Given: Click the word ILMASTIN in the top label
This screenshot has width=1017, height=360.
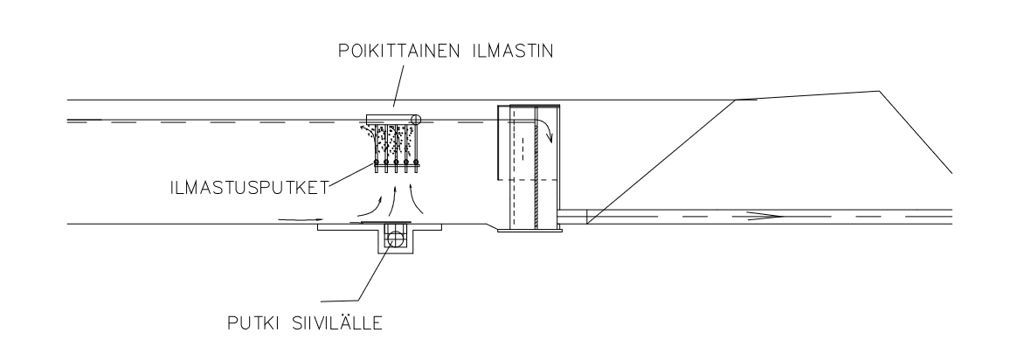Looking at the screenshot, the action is [x=513, y=52].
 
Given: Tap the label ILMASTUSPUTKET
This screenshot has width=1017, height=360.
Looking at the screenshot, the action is [x=249, y=188].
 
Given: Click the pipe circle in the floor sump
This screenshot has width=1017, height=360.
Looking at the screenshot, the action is [x=394, y=239].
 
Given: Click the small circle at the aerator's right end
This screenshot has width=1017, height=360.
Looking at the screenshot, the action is [x=415, y=120].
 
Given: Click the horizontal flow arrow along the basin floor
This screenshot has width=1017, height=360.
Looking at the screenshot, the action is [x=301, y=220].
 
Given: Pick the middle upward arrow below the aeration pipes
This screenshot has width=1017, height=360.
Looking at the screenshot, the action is [x=393, y=197].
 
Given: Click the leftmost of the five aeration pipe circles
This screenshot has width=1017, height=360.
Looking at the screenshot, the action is [x=377, y=163].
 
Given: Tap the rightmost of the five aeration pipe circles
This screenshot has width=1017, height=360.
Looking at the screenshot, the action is [x=417, y=163].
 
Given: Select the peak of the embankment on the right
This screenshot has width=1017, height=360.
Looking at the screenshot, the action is [x=880, y=92].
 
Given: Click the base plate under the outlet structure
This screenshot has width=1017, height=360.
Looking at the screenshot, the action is [x=529, y=230].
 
